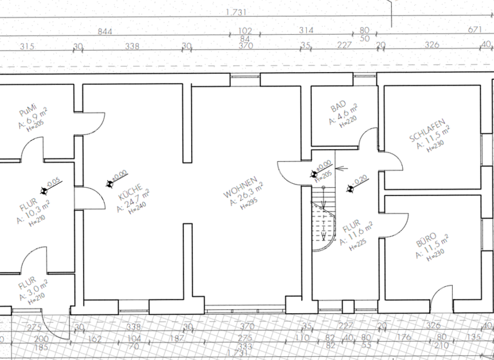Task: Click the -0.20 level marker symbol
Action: coord(351,188)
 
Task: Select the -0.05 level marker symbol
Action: coord(45,190)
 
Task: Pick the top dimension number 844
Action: coord(104,31)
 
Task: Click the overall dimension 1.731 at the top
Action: coord(237,12)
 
